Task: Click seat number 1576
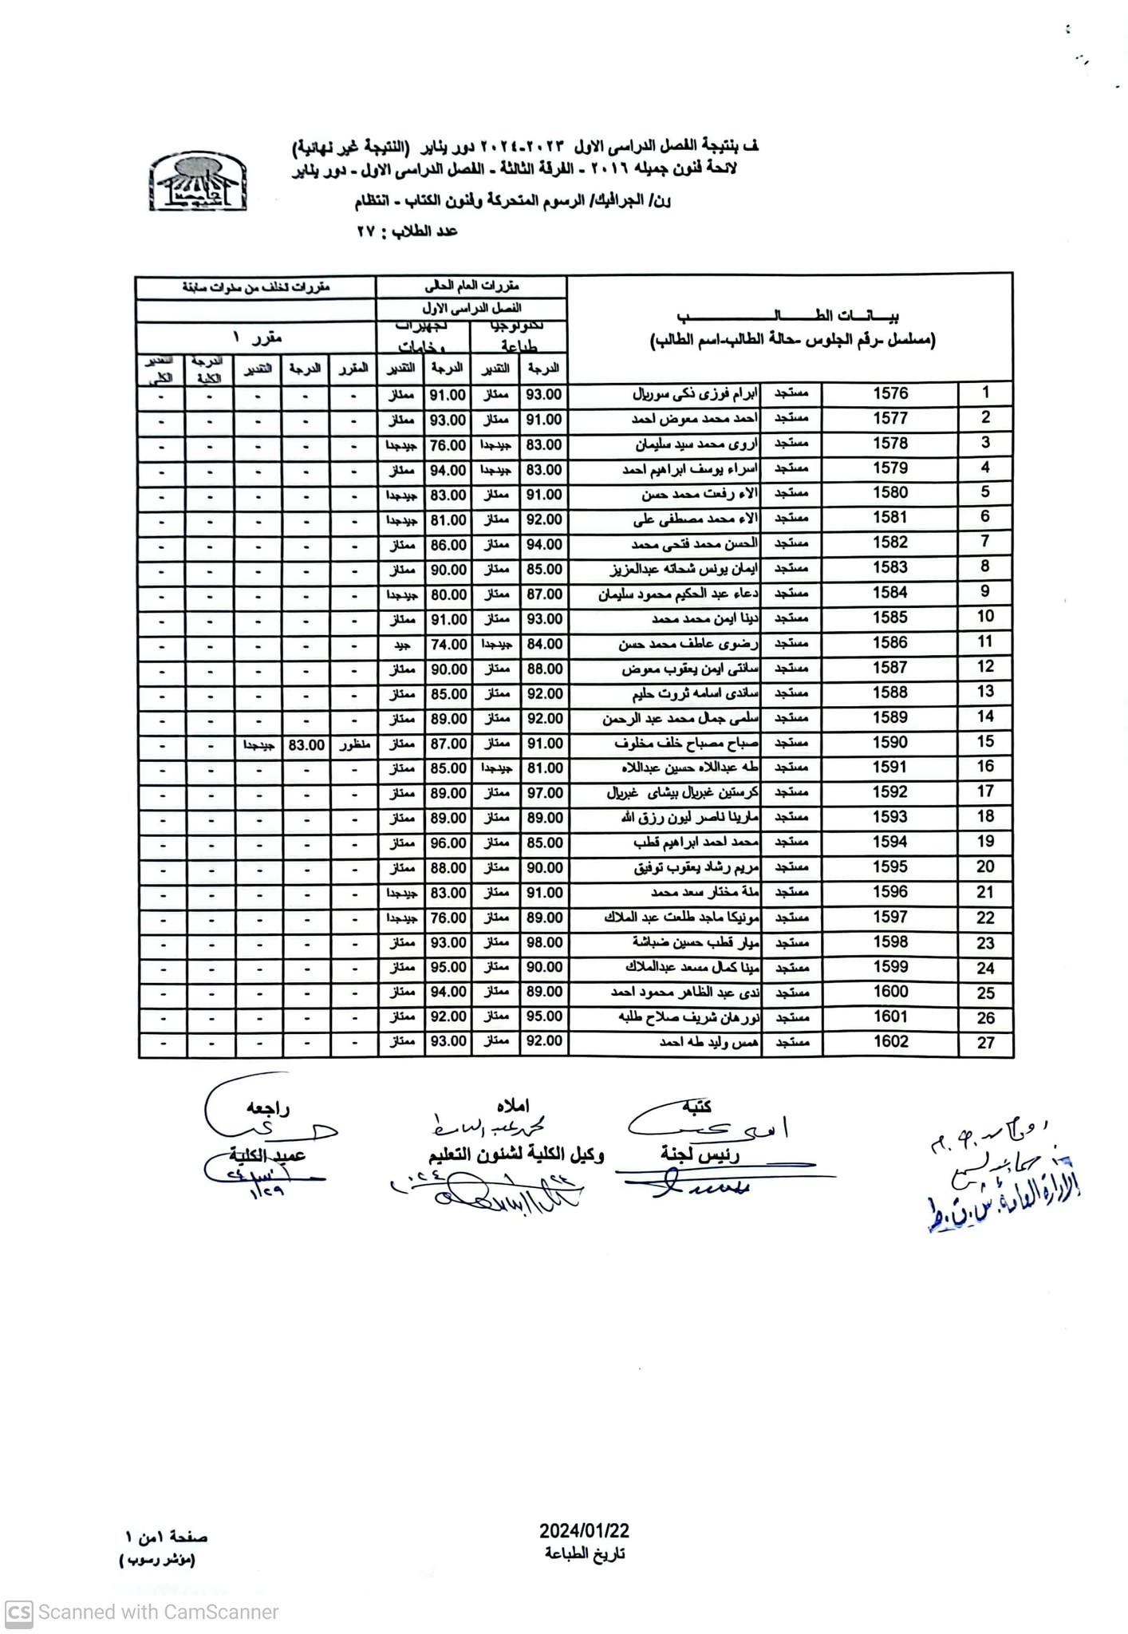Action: tap(889, 393)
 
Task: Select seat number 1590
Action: tap(889, 742)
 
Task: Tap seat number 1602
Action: tap(889, 1041)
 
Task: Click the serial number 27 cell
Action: tap(986, 1042)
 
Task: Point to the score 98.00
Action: tap(543, 942)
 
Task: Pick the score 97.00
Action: tap(543, 793)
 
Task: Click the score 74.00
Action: tap(448, 644)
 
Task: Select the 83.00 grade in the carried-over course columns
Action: tap(306, 744)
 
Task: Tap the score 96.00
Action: tap(448, 843)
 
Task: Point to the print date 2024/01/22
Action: tap(584, 1530)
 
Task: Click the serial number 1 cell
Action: tap(986, 393)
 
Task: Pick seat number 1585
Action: tap(889, 618)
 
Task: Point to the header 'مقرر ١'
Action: tap(256, 337)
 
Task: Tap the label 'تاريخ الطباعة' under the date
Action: tap(585, 1553)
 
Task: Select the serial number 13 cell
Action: tap(986, 692)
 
